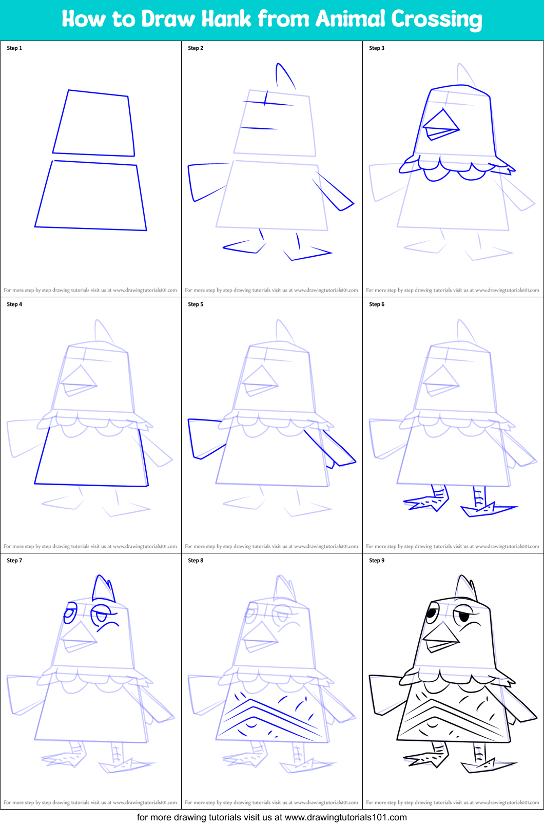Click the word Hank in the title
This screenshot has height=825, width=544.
pos(226,19)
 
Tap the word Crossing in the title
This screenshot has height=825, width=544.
pos(436,20)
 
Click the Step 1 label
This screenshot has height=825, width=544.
pos(14,48)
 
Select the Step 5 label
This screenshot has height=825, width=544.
pos(196,304)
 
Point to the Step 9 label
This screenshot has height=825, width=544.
pos(377,561)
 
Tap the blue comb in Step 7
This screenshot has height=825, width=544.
pos(104,588)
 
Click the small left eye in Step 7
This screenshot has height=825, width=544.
pos(70,612)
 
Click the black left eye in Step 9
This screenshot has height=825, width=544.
pos(432,612)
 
